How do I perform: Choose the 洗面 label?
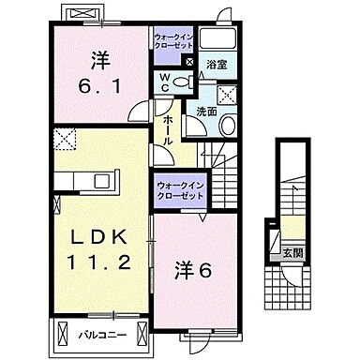(206, 112)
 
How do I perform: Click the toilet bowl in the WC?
(184, 82)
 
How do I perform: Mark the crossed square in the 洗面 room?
(227, 94)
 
